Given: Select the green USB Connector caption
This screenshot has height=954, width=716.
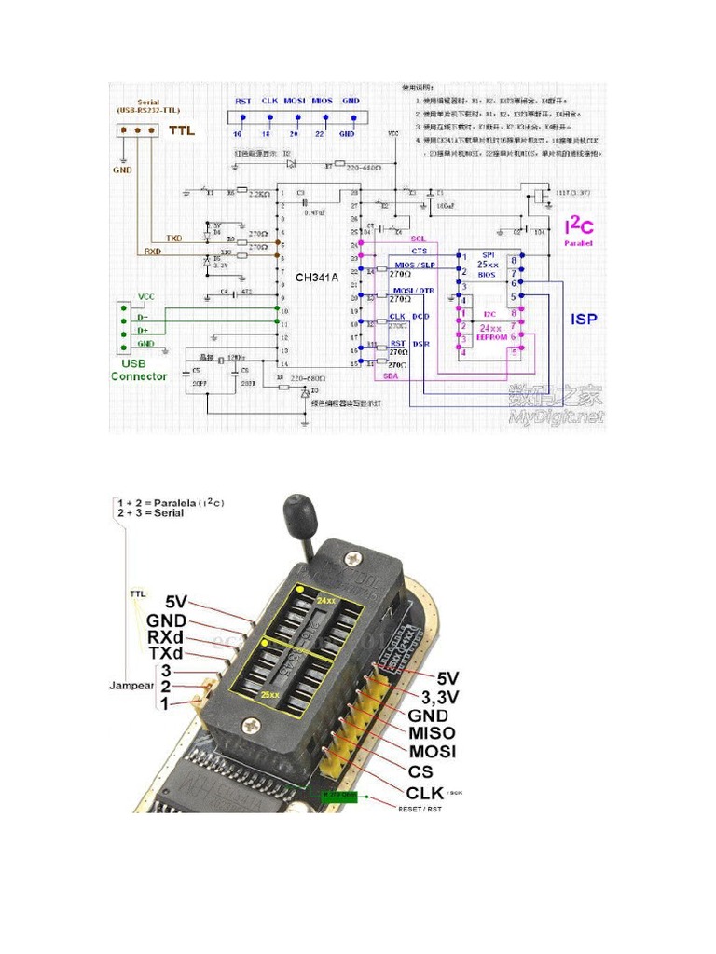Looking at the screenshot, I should pyautogui.click(x=139, y=370).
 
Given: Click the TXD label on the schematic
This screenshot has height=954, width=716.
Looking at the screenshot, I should pyautogui.click(x=173, y=238).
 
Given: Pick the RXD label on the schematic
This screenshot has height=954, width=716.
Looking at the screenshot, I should pyautogui.click(x=153, y=251).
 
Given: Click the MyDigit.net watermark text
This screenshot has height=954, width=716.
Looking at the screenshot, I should pyautogui.click(x=556, y=416).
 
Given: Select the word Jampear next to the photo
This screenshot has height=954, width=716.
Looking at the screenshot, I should pyautogui.click(x=131, y=686).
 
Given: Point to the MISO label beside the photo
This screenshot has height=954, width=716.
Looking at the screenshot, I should pyautogui.click(x=432, y=733).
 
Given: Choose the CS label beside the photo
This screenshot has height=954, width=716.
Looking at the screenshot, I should pyautogui.click(x=420, y=771).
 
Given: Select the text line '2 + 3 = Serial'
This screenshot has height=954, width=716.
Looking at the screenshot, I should pyautogui.click(x=150, y=512).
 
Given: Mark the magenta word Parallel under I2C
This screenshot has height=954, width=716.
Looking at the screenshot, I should pyautogui.click(x=579, y=243).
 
